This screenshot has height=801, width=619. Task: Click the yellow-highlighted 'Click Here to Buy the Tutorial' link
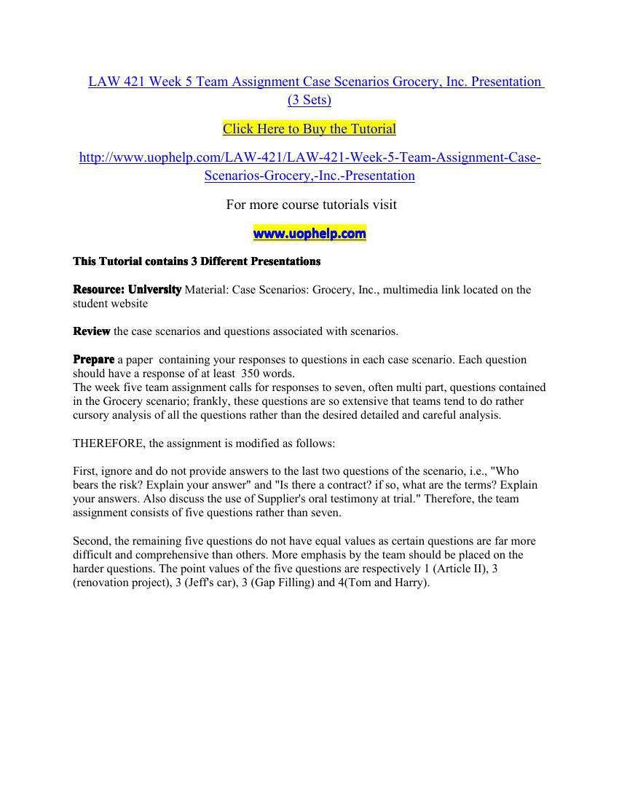point(309,129)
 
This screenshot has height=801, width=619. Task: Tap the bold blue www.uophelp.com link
point(309,234)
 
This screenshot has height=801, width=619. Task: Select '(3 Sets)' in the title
point(309,100)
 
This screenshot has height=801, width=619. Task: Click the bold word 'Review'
point(92,331)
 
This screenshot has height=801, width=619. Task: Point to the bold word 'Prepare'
point(93,360)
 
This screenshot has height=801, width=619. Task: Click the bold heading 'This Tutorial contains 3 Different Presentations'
point(197,261)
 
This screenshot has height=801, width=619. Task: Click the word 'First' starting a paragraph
point(84,471)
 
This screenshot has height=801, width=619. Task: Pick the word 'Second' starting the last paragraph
point(90,541)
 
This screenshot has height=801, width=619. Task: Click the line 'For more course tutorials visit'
point(311,205)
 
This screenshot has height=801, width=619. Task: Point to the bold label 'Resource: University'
point(127,290)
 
